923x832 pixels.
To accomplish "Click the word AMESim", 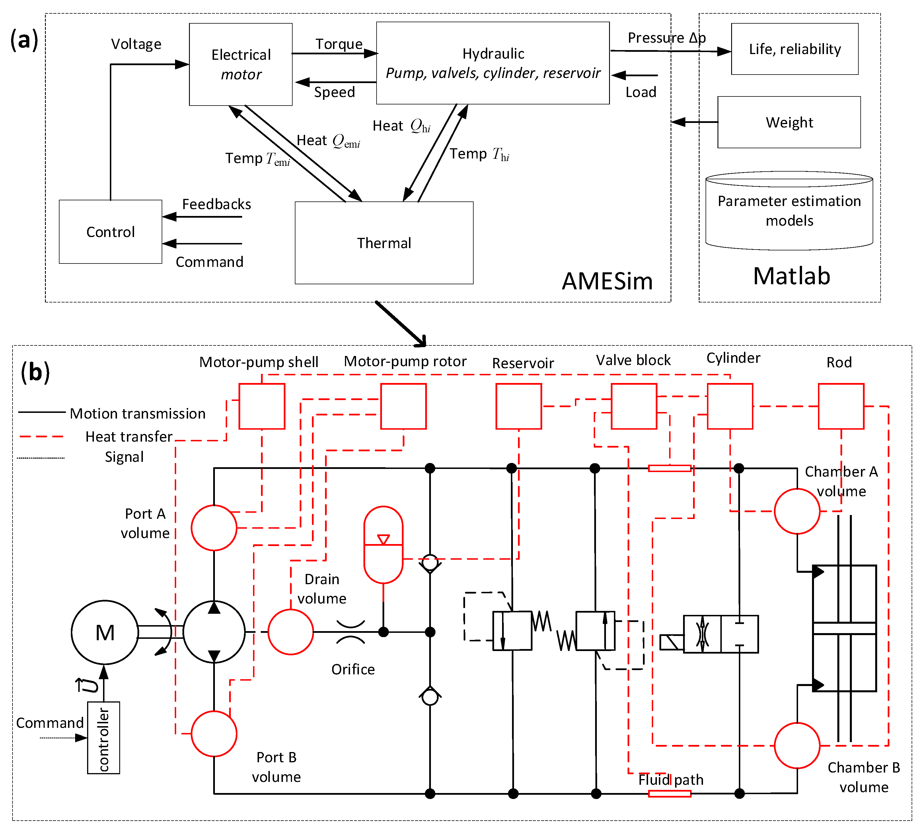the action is click(607, 281).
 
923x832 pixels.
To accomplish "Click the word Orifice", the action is click(353, 669).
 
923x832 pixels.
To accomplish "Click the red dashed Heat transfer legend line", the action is click(42, 436).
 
